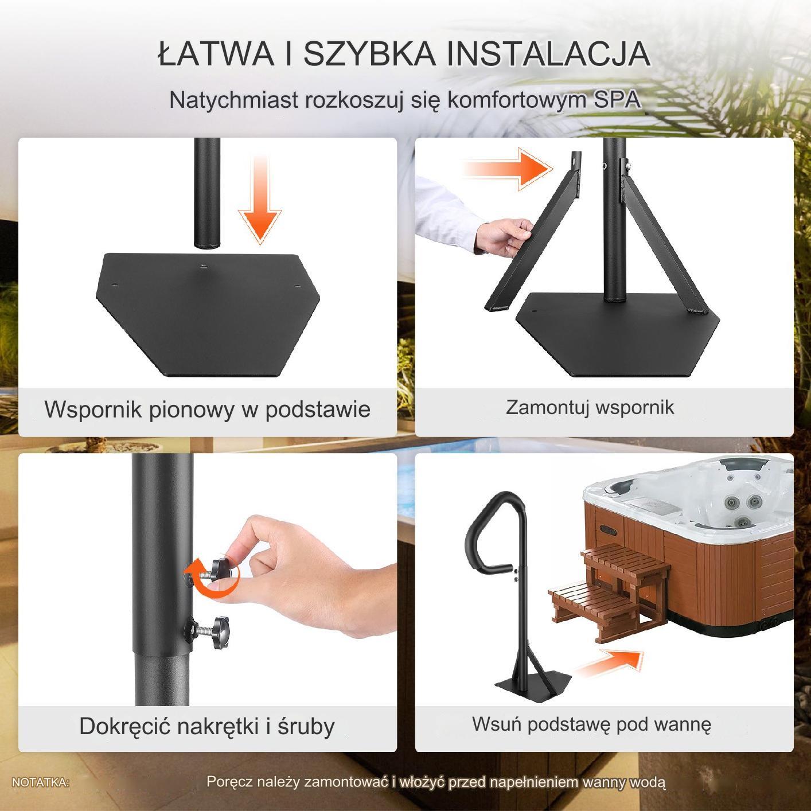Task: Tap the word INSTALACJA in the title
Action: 548,53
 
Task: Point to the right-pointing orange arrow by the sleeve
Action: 508,168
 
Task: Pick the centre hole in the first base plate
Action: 203,266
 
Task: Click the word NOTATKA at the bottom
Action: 40,782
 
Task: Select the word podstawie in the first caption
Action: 318,409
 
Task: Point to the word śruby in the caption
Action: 306,726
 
